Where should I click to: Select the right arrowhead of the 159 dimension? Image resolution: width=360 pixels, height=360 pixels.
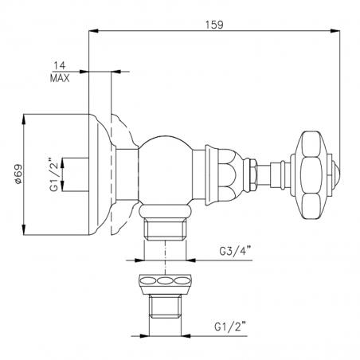[x=338, y=33]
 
